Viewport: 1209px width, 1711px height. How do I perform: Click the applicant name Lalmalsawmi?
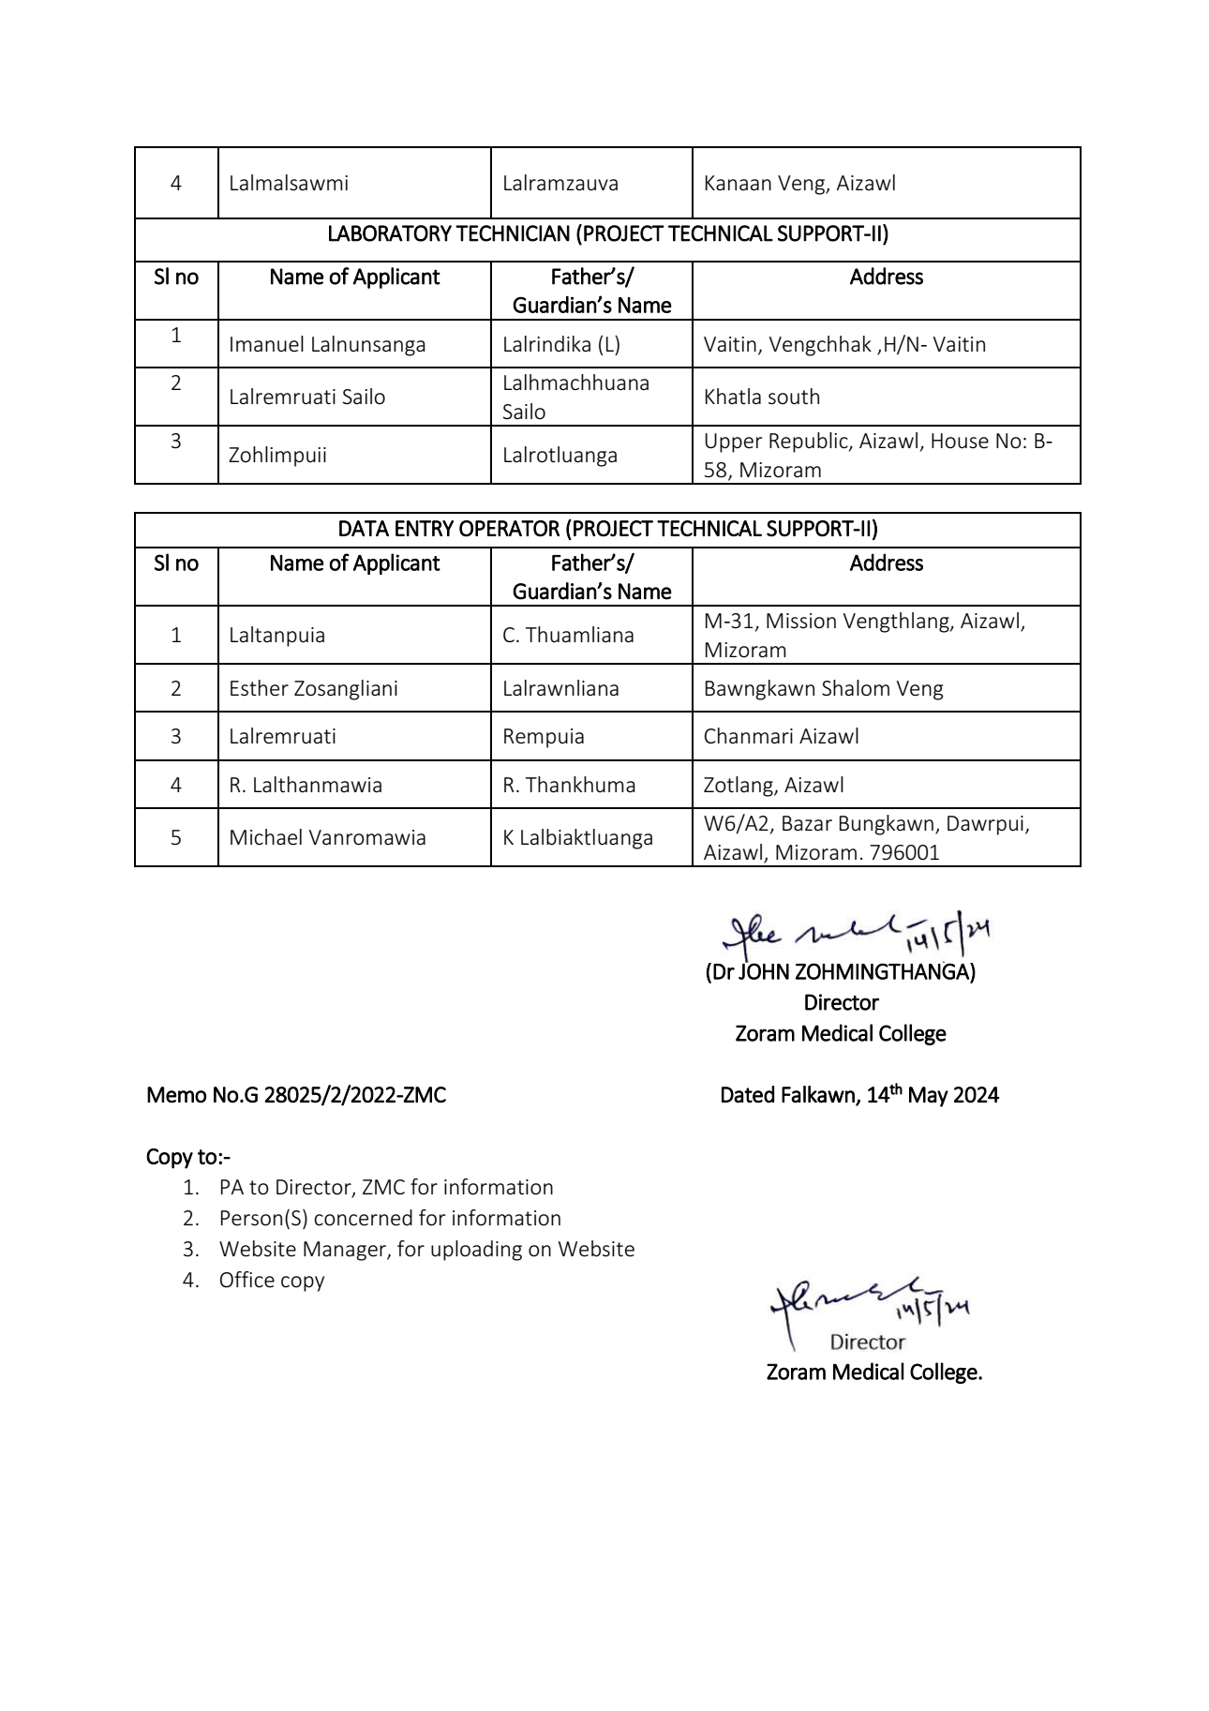(289, 184)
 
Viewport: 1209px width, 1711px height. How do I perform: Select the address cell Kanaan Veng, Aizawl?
(799, 184)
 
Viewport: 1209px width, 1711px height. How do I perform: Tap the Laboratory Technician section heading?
(607, 234)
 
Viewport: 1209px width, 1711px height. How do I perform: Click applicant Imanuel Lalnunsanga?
(327, 345)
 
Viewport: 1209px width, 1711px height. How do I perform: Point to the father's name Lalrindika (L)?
(560, 345)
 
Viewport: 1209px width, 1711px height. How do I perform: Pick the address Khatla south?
(761, 398)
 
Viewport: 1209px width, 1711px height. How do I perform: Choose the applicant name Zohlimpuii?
(277, 456)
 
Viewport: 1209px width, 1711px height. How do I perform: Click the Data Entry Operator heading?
(607, 530)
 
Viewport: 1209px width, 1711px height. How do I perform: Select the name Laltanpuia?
(277, 636)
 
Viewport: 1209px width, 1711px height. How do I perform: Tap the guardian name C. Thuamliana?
(568, 636)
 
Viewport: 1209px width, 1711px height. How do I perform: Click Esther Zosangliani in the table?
(313, 689)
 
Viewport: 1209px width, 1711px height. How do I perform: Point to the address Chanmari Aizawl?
(781, 737)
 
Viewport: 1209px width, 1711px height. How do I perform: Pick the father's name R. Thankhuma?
(569, 786)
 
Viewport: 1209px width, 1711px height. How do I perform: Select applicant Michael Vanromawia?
(327, 838)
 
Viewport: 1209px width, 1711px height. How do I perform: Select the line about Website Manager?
(426, 1250)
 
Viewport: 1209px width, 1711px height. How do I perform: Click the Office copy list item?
(272, 1281)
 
